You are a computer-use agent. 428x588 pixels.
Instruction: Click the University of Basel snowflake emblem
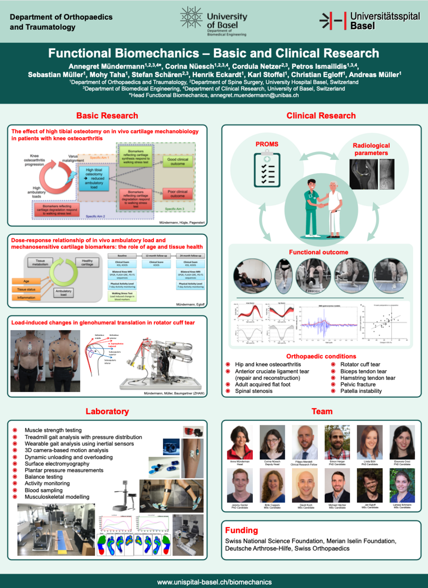(x=191, y=18)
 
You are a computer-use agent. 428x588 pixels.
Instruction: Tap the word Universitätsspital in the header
(x=385, y=16)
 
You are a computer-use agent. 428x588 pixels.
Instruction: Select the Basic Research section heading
(x=107, y=116)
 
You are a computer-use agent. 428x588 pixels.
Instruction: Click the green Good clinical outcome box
(x=177, y=161)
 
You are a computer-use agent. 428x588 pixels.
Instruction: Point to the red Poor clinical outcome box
(x=177, y=194)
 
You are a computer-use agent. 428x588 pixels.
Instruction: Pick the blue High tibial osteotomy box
(x=94, y=178)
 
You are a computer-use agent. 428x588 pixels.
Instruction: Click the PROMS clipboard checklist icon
(x=267, y=169)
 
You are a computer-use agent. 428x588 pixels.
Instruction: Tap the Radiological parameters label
(x=371, y=149)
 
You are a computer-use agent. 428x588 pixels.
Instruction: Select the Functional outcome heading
(x=318, y=252)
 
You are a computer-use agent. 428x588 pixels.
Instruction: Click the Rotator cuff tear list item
(x=360, y=364)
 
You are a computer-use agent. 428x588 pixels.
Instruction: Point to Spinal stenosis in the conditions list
(x=253, y=391)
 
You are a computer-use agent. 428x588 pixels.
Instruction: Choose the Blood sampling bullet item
(x=44, y=490)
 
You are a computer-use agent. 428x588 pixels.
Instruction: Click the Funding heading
(x=241, y=530)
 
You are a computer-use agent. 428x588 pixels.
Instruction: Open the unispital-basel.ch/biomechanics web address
(x=214, y=582)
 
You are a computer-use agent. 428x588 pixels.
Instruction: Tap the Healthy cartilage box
(x=87, y=262)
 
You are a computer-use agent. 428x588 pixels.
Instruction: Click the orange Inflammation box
(x=26, y=298)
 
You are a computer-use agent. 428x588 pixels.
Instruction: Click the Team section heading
(x=322, y=412)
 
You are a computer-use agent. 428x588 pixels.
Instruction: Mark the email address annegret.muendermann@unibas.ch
(x=254, y=95)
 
